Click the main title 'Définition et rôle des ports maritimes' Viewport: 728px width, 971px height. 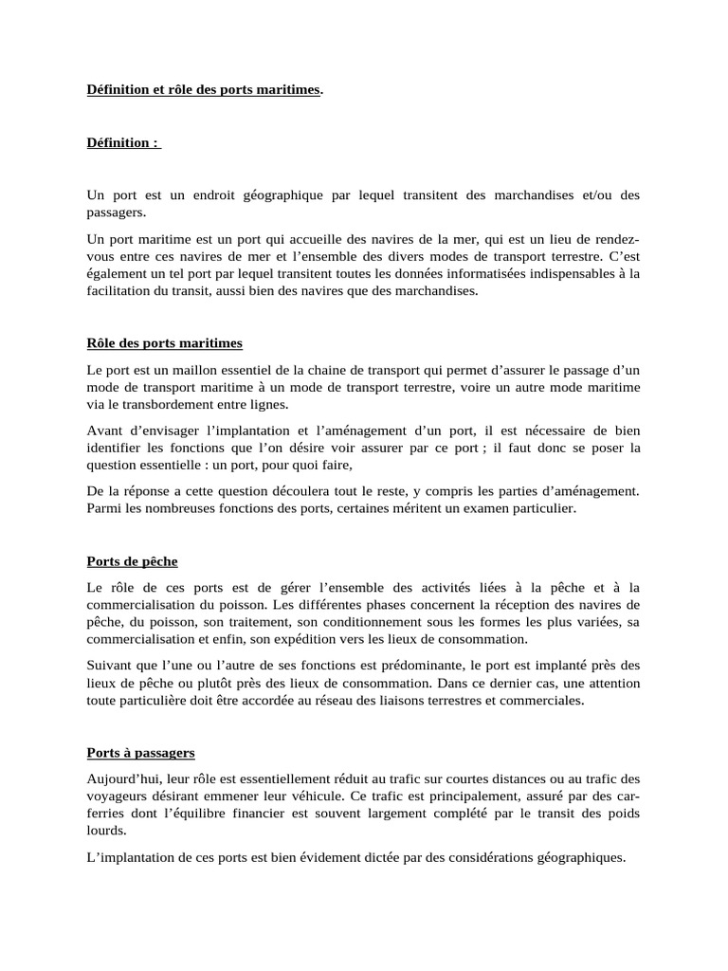(203, 90)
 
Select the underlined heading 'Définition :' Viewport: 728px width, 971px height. (122, 143)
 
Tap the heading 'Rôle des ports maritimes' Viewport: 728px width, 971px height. (164, 342)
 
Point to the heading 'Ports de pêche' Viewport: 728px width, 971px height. (132, 561)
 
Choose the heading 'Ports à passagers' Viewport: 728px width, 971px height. (140, 753)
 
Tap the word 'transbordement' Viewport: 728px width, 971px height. (153, 404)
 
